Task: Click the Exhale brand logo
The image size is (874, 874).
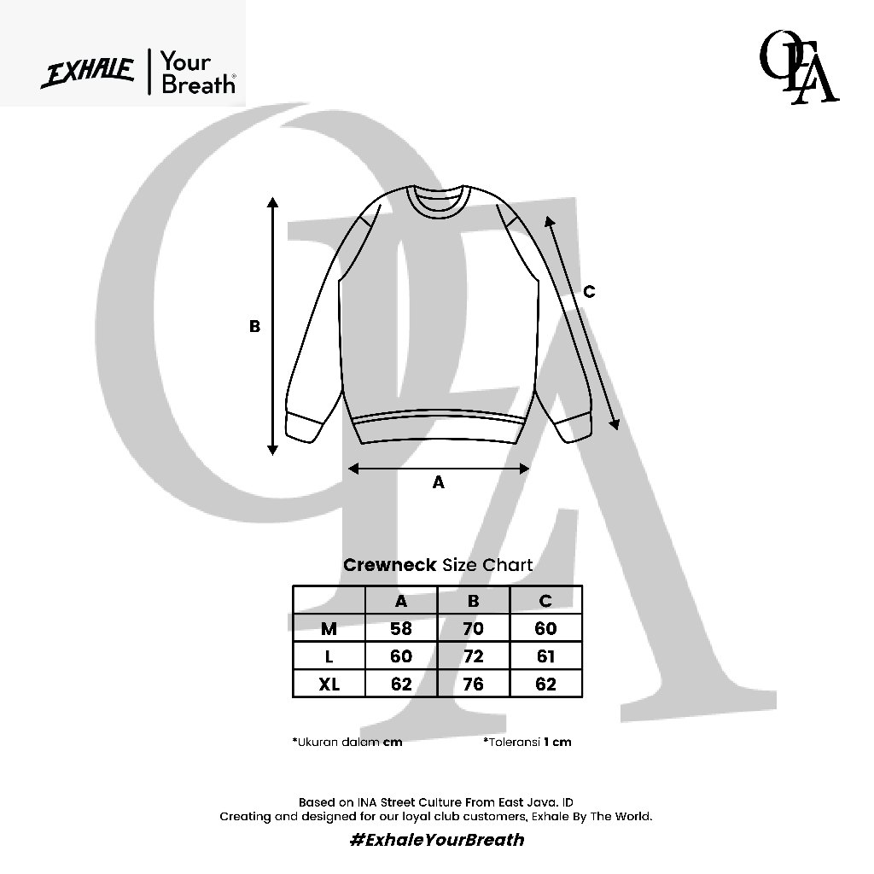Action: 88,73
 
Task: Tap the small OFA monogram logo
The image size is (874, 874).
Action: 798,67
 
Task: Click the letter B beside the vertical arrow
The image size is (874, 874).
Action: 254,326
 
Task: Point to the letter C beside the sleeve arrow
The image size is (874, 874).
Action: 589,292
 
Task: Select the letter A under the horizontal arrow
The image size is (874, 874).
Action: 439,482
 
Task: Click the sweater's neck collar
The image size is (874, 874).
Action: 439,201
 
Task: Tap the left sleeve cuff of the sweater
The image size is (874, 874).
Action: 305,428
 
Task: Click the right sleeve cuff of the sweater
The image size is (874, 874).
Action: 573,428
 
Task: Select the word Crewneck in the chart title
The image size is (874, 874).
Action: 389,565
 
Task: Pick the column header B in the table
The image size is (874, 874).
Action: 473,600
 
